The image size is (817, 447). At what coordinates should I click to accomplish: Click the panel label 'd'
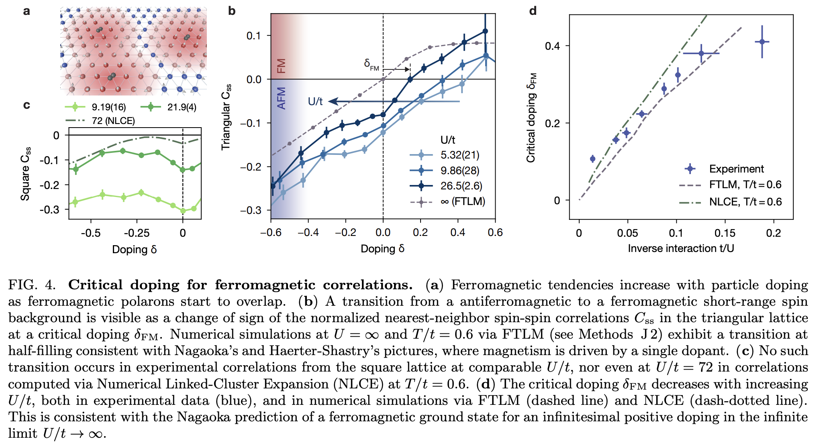533,11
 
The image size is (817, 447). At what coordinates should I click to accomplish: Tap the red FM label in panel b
282,66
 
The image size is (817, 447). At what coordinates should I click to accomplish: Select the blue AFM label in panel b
282,98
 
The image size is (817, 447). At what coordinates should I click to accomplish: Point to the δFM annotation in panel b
371,65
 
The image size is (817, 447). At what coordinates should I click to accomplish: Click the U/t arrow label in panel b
315,102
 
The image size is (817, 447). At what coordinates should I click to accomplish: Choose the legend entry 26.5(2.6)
461,186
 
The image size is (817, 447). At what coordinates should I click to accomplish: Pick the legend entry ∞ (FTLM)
462,201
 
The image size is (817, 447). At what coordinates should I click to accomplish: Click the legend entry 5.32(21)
460,155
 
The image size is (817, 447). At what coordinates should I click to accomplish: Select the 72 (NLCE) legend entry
113,121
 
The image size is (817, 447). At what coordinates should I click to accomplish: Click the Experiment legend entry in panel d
736,169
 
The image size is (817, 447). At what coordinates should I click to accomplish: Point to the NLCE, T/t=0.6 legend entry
745,202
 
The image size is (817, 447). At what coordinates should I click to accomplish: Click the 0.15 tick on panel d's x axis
725,233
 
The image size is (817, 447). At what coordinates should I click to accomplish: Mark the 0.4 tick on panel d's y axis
552,46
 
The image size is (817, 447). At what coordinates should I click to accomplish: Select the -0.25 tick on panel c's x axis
137,233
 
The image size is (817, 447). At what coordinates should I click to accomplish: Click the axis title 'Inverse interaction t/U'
681,248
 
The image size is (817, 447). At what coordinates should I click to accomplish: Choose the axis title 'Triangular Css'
227,117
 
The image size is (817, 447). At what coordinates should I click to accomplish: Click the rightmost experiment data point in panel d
762,42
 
